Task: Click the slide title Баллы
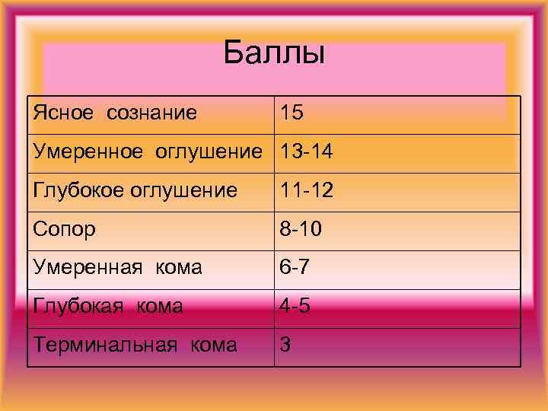click(x=274, y=54)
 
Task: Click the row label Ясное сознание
click(x=115, y=113)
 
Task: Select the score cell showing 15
click(x=292, y=113)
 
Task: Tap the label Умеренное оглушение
click(x=149, y=152)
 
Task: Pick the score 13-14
click(x=306, y=152)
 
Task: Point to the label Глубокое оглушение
click(x=135, y=190)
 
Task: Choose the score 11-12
click(x=305, y=190)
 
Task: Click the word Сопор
click(x=64, y=229)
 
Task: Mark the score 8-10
click(x=301, y=229)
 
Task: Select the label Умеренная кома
click(x=117, y=267)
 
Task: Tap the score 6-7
click(x=294, y=267)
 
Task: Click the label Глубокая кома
click(x=107, y=306)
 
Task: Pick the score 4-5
click(x=294, y=306)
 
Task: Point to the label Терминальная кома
click(x=135, y=345)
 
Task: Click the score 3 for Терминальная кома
click(x=285, y=345)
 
